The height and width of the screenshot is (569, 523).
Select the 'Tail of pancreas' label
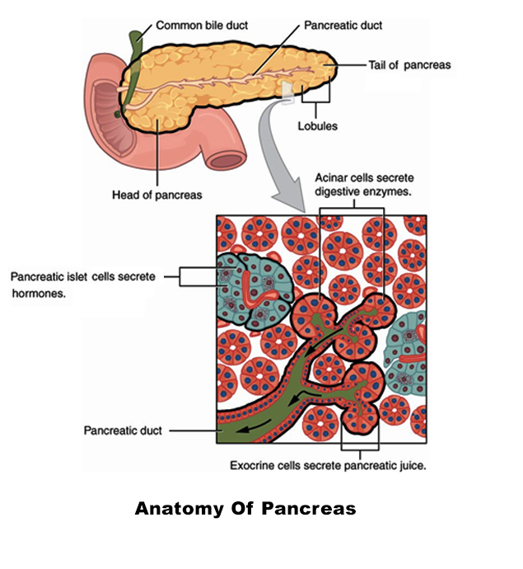coord(409,65)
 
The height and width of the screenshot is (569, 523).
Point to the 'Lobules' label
coord(317,127)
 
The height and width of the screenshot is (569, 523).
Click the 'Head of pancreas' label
coord(156,195)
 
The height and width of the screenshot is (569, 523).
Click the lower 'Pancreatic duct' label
coord(124,430)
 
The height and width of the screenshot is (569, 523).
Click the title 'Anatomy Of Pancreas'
coord(245,508)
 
